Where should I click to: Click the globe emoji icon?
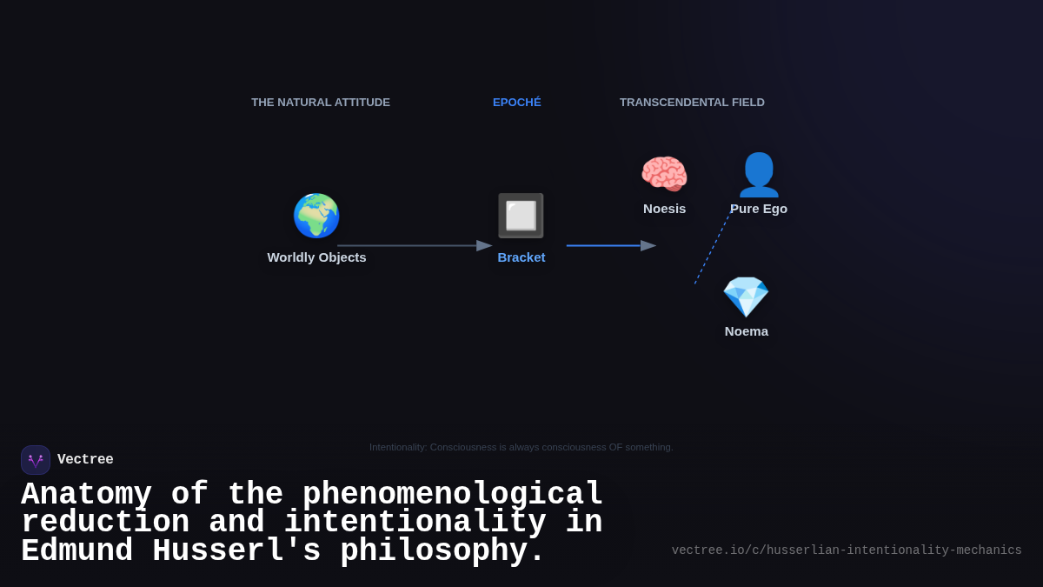316,216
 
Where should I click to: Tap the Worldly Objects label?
316,257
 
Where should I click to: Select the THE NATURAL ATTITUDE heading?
321,103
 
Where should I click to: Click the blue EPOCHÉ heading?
517,103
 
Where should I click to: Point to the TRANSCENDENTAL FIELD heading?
692,103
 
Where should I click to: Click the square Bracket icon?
521,216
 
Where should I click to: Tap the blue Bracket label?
521,257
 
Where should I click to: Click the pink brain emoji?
664,174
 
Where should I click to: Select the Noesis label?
665,209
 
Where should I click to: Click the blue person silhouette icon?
759,175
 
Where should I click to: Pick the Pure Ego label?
759,209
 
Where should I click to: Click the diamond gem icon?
746,297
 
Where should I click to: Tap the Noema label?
747,331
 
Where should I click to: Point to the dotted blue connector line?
712,250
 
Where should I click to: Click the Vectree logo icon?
36,460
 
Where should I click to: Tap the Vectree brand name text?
85,460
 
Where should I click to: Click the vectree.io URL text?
847,550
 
